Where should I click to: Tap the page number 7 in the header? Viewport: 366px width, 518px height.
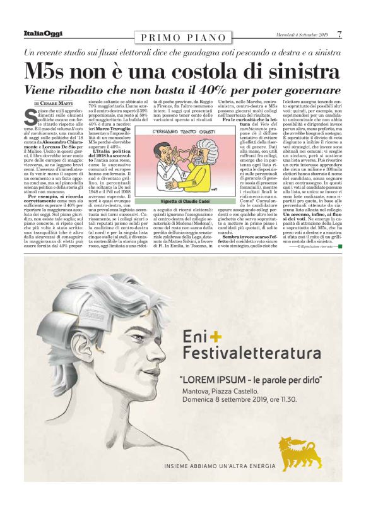pyautogui.click(x=339, y=34)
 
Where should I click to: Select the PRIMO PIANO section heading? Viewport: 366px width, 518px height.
pyautogui.click(x=183, y=38)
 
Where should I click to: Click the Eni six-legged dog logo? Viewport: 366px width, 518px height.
pyautogui.click(x=300, y=452)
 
